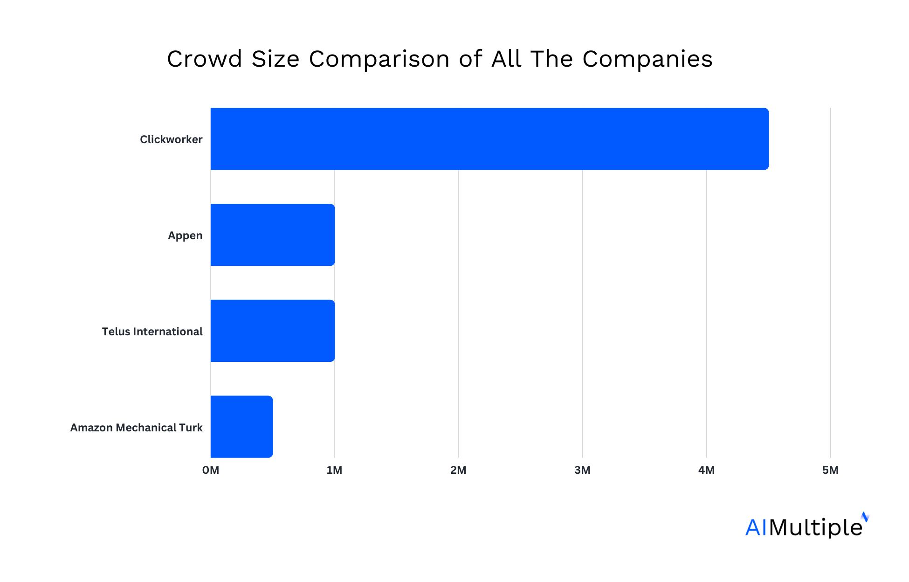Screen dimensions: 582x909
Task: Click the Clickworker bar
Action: (489, 139)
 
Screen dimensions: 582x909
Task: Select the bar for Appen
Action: (273, 235)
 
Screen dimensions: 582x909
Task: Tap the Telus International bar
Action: (273, 331)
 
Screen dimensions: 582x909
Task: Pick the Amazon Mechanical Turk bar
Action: (241, 427)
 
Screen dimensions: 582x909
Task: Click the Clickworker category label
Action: (171, 139)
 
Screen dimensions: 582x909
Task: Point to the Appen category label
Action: (185, 236)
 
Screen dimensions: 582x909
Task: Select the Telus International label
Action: (152, 332)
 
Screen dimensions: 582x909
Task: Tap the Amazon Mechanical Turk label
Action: (136, 428)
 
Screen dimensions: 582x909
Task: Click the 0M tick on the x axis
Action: (211, 470)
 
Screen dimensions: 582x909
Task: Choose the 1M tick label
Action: (334, 470)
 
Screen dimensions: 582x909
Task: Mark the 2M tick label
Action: (458, 470)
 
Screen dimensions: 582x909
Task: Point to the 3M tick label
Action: (582, 470)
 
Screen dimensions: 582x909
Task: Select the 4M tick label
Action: (706, 470)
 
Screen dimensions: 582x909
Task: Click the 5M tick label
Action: (830, 470)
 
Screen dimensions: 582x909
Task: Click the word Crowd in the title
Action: (205, 59)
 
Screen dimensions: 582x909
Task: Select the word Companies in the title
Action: (647, 59)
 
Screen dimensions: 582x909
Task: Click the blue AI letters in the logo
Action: (756, 527)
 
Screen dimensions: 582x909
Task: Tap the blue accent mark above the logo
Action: (865, 517)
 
